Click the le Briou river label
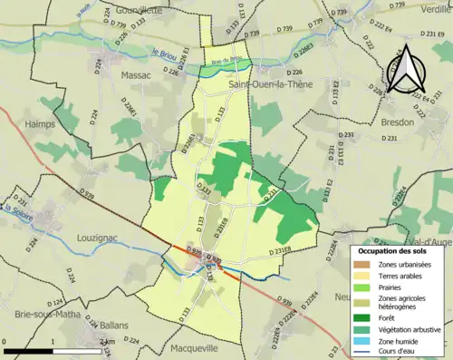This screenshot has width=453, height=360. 164,54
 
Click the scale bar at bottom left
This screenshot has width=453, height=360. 53,348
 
